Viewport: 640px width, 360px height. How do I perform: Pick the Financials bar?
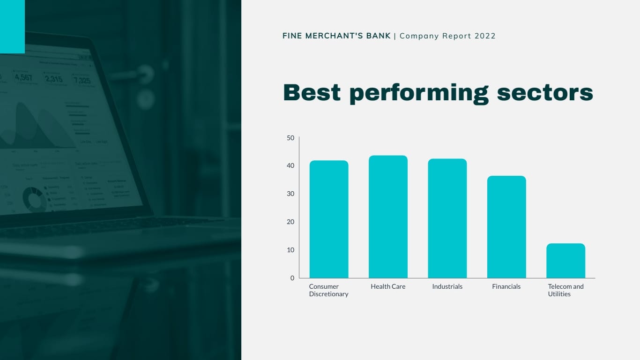(x=506, y=227)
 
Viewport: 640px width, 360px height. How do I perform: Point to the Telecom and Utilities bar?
(x=566, y=261)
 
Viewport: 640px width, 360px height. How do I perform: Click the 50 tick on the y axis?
(x=290, y=138)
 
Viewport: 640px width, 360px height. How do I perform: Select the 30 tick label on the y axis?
(x=290, y=194)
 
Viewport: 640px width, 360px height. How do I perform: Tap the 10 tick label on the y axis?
(x=290, y=250)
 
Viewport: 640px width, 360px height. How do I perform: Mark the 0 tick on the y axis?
(x=292, y=278)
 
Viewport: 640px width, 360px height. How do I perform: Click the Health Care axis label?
(x=388, y=286)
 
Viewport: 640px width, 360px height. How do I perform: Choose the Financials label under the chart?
(x=506, y=286)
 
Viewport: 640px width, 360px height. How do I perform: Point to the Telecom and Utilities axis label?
(x=566, y=290)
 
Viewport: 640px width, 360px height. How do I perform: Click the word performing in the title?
(x=419, y=93)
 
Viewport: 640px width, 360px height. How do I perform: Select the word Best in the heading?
(x=312, y=92)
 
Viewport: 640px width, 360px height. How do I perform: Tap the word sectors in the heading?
(x=545, y=93)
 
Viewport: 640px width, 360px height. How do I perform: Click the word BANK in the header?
(x=378, y=36)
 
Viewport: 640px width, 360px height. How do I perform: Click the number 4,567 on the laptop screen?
(x=23, y=77)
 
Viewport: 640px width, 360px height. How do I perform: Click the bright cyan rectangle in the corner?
(x=12, y=26)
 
